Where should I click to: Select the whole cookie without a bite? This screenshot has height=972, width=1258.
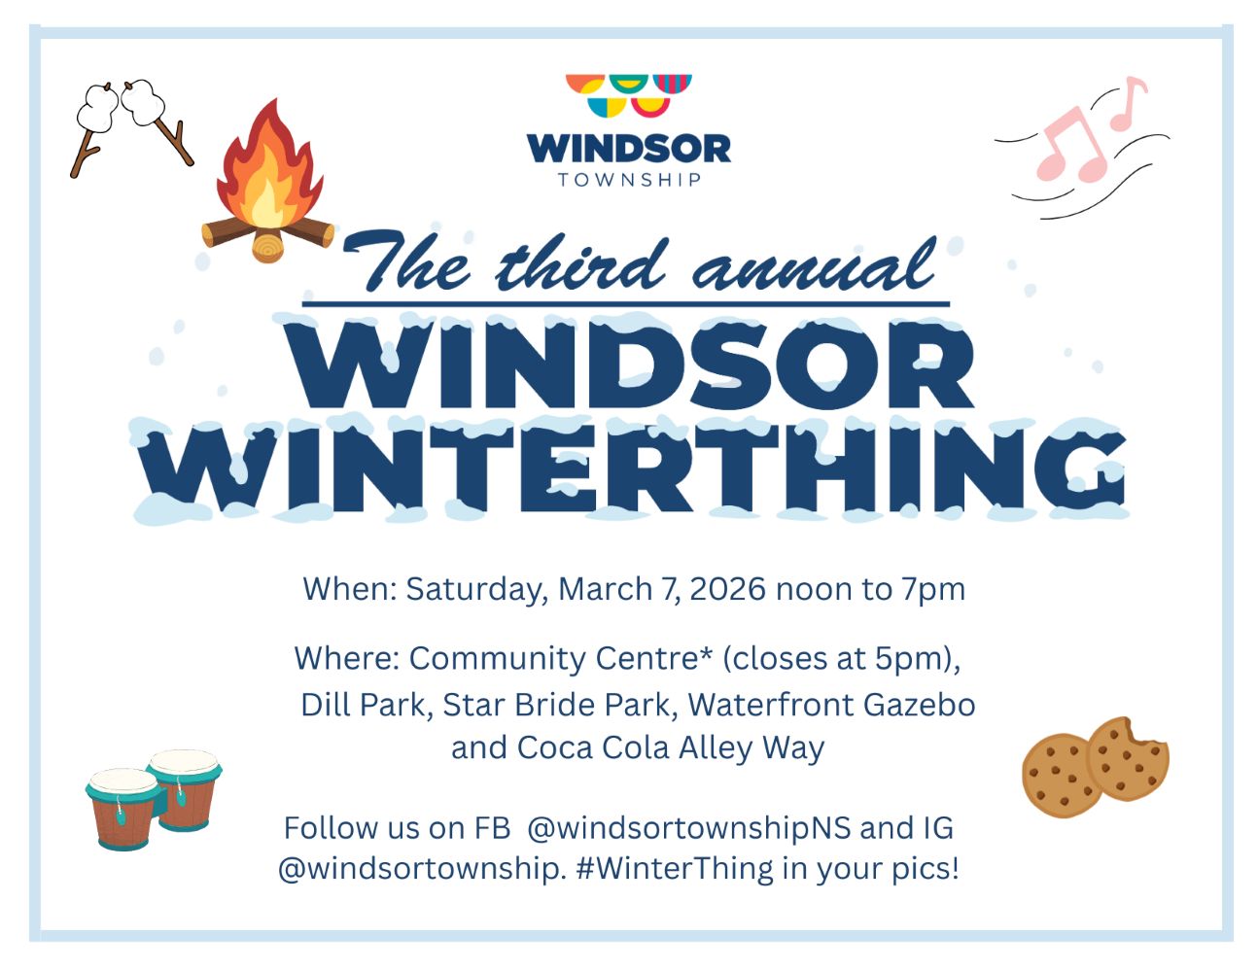click(1060, 776)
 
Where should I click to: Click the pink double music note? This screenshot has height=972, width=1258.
click(1069, 146)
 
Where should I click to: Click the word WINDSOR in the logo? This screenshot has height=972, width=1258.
click(628, 149)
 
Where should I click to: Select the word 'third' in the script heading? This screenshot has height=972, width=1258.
click(580, 264)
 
